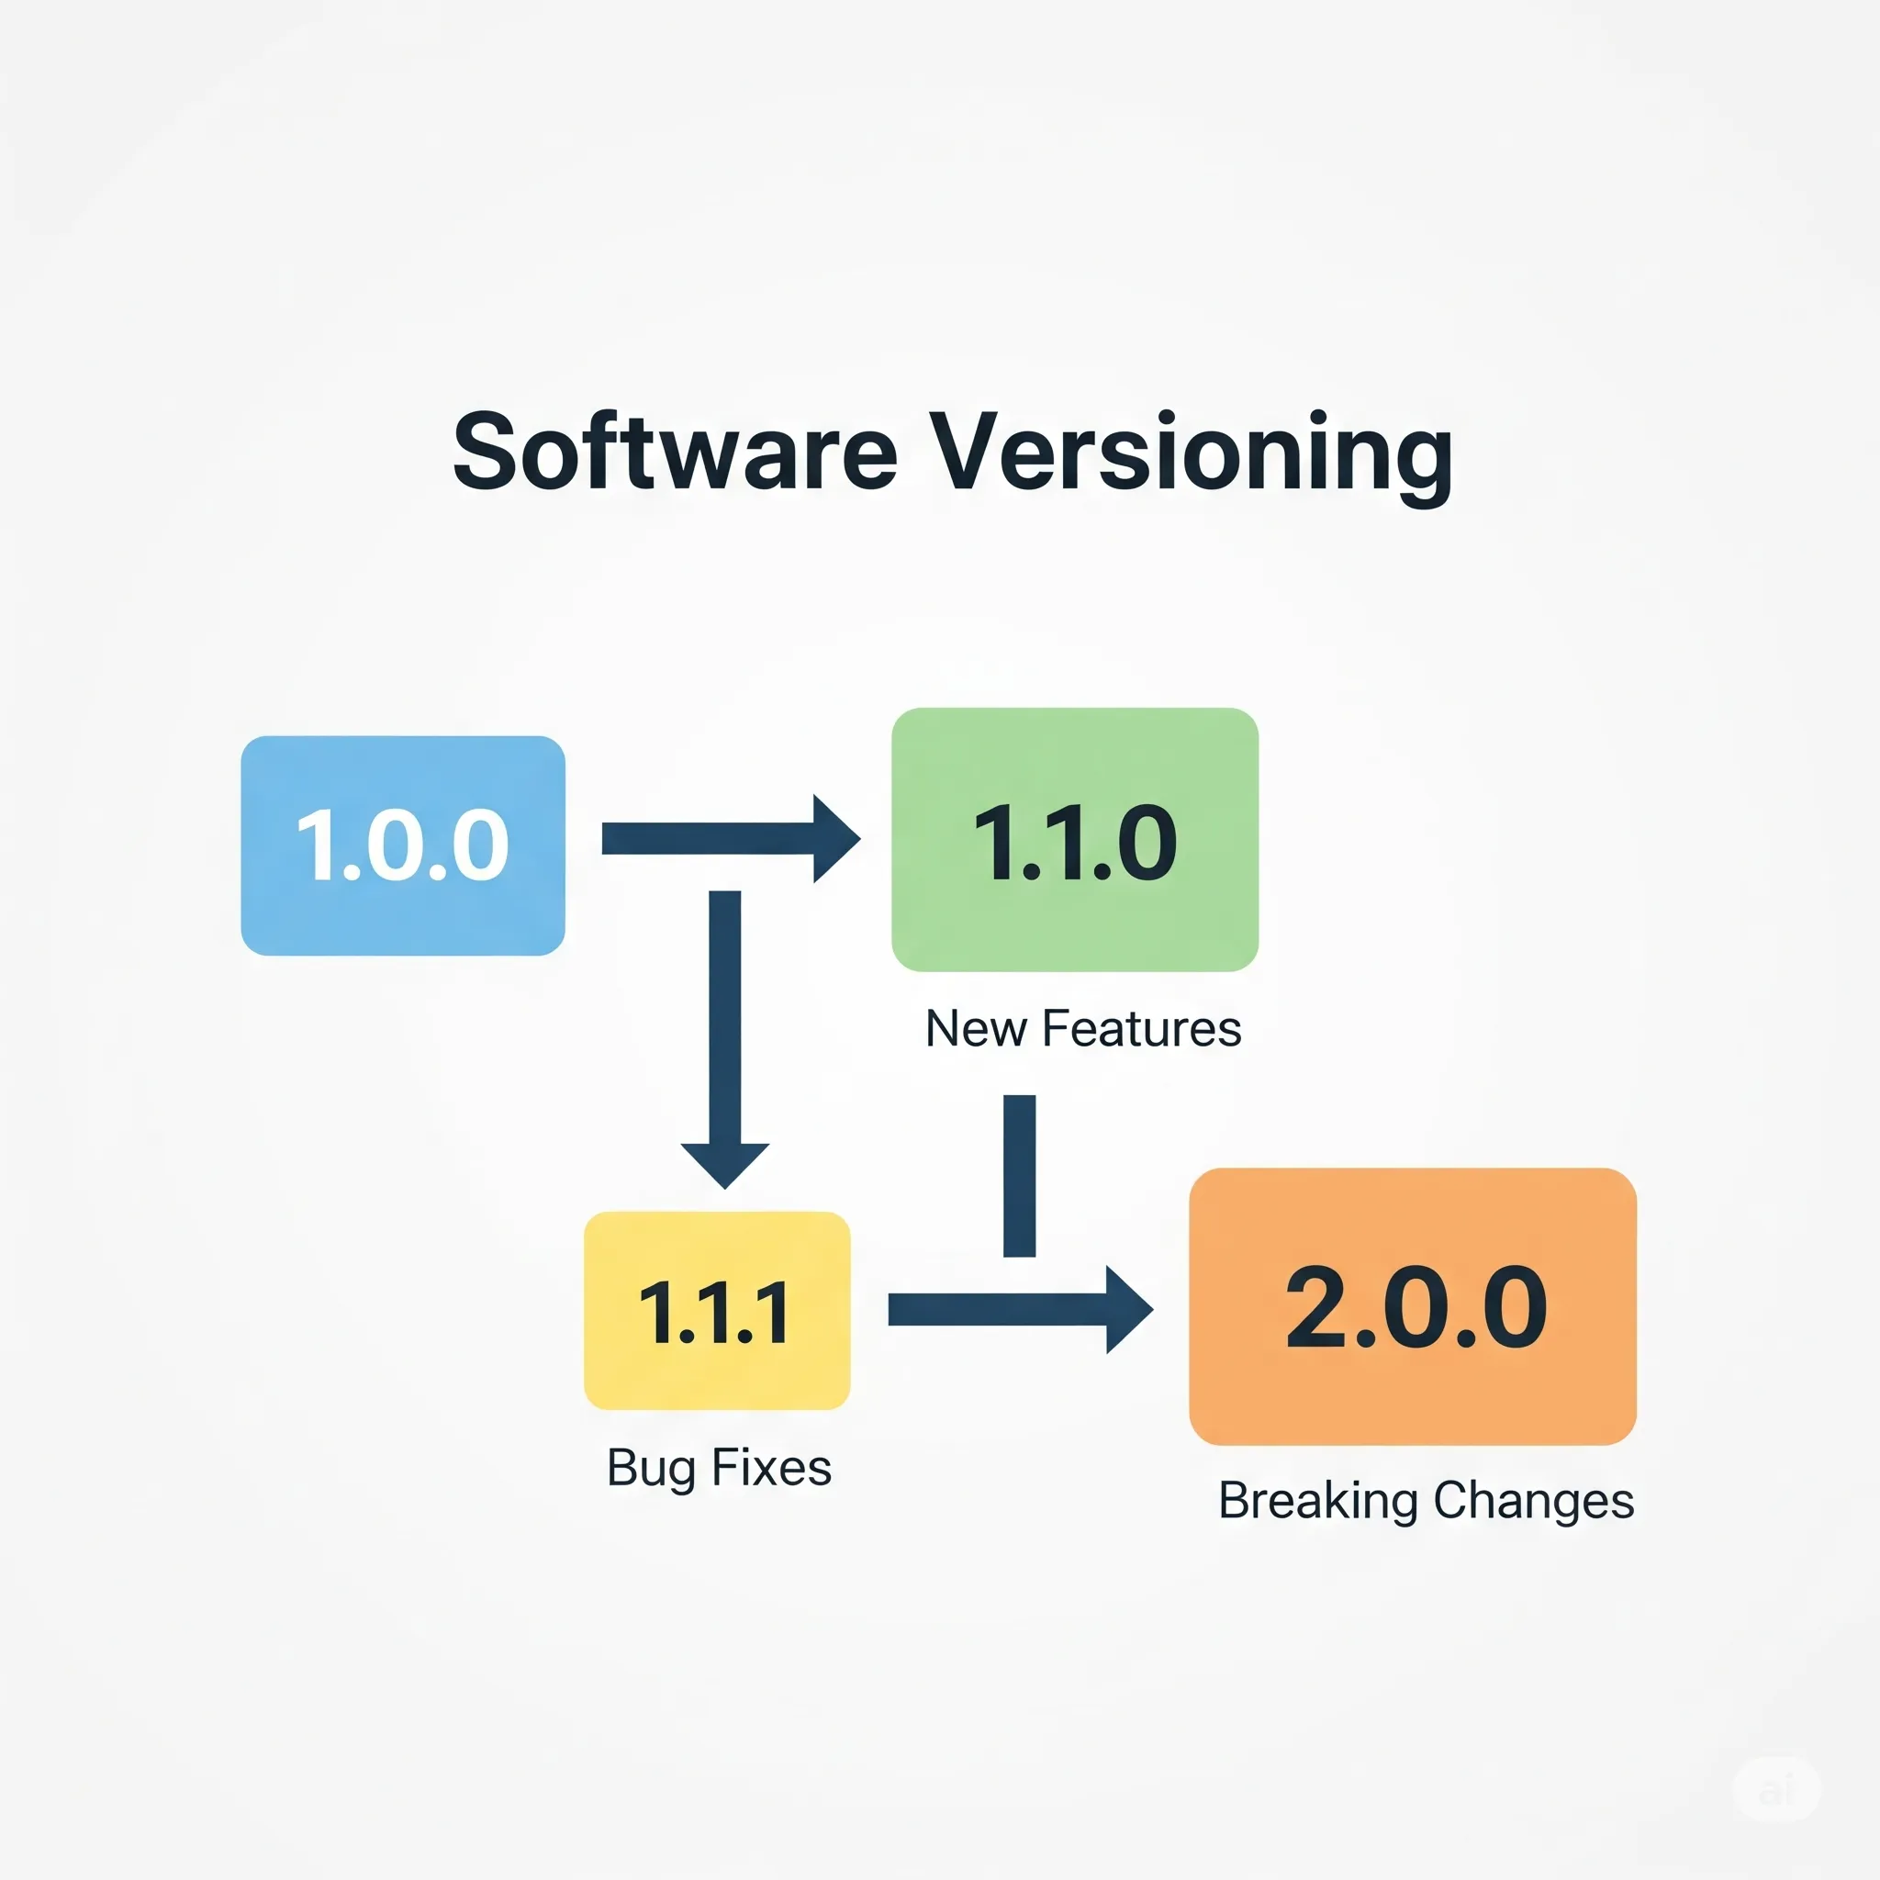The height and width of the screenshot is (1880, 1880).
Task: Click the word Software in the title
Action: pyautogui.click(x=676, y=452)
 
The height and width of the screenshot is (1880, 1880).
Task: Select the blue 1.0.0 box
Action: pyautogui.click(x=403, y=845)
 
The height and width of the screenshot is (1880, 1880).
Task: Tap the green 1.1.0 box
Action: pyautogui.click(x=1075, y=840)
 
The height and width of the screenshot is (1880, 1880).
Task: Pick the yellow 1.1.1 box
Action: pyautogui.click(x=717, y=1311)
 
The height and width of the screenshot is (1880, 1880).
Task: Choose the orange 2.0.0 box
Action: pyautogui.click(x=1413, y=1307)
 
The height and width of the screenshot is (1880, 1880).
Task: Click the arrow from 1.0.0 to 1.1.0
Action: pyautogui.click(x=732, y=839)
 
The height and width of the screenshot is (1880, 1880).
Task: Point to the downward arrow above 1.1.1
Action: pyautogui.click(x=725, y=1039)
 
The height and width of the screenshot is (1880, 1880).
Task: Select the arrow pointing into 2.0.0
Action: pyautogui.click(x=1021, y=1310)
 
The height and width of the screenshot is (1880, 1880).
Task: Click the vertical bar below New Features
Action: pyautogui.click(x=1019, y=1176)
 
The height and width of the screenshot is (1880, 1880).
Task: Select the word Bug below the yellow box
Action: pyautogui.click(x=651, y=1471)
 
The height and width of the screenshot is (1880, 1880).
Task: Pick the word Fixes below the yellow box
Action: pyautogui.click(x=772, y=1468)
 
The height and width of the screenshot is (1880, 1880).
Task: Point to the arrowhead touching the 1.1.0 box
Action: pyautogui.click(x=837, y=839)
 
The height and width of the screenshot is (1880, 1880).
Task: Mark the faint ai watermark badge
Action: pyautogui.click(x=1776, y=1788)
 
